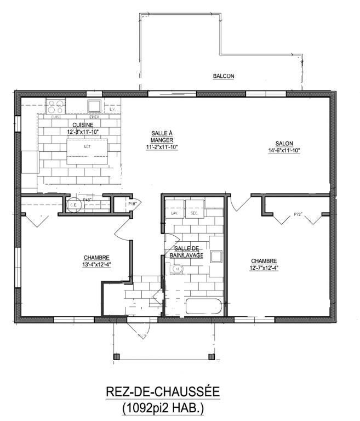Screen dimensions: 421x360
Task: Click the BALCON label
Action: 224,76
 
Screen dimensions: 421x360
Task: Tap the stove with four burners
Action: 55,106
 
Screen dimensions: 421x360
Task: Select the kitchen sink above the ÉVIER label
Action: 94,105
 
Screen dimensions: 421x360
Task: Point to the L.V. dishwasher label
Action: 113,110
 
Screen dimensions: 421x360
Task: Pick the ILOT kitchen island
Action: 87,151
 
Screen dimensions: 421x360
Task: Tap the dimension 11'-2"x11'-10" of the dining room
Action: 162,147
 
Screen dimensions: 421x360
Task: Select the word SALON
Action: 284,144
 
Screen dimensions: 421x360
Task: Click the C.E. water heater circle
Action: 74,206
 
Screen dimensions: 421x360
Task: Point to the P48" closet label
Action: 87,200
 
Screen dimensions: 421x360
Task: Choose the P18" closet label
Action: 132,204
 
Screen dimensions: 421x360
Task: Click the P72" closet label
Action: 299,214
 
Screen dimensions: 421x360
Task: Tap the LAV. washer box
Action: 175,211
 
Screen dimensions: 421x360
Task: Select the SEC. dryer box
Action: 195,211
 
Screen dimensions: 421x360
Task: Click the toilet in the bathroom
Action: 176,269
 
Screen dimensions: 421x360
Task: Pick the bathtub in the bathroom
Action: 204,308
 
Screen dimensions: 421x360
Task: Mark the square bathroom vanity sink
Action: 216,257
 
